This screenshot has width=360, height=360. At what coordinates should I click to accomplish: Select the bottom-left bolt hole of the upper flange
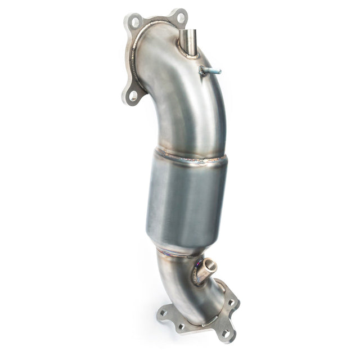point(133,95)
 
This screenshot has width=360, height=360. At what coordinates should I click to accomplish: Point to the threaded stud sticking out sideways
point(210,71)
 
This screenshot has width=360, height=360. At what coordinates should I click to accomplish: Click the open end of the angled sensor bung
point(211,264)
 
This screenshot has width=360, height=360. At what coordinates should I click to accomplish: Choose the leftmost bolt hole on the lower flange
point(164,313)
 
